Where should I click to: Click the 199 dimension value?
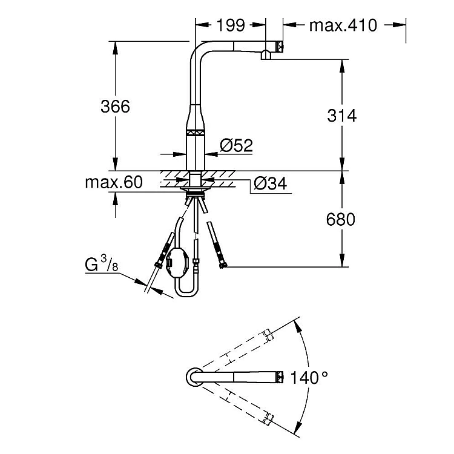231,25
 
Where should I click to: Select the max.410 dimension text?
343,25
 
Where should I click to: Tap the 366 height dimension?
115,107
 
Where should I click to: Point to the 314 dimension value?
341,116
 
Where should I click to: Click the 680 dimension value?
340,219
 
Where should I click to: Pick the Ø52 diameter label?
236,145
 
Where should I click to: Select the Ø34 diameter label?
270,183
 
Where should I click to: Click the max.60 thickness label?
114,182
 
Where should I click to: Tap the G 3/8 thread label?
102,264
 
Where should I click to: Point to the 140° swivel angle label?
309,378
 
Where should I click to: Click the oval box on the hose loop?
178,263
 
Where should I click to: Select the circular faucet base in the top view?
195,377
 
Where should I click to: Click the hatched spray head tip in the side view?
280,47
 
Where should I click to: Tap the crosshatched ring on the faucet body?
195,133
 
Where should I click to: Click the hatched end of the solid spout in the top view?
280,377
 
